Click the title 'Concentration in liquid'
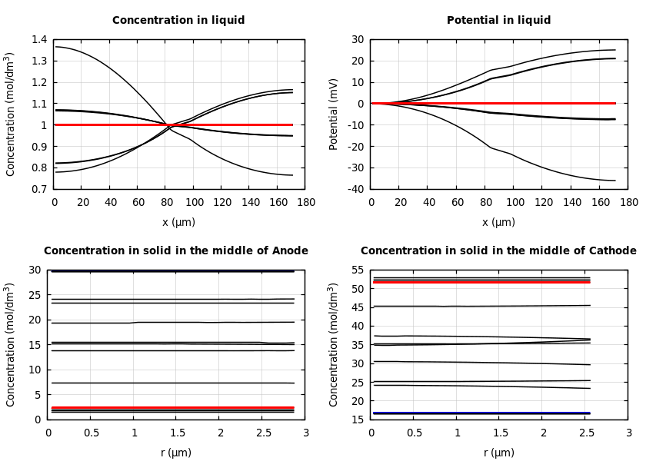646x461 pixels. tap(178, 21)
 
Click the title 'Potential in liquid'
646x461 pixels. tap(498, 21)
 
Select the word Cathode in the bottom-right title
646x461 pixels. tap(612, 251)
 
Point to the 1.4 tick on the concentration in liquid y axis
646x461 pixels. tap(39, 39)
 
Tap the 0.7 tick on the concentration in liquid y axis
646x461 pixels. tap(39, 189)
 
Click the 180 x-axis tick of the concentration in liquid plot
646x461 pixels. tap(305, 202)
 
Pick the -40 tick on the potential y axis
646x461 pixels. tap(355, 189)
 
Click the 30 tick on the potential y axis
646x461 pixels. tap(358, 39)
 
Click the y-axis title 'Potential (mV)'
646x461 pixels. tap(334, 114)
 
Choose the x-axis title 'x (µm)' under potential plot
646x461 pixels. tap(498, 223)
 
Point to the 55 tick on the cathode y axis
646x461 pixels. tap(358, 270)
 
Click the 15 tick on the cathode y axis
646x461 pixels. tap(358, 420)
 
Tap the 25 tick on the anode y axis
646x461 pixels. tap(35, 295)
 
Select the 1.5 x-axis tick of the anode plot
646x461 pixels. tap(176, 433)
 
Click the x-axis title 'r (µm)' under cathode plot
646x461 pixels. tap(498, 453)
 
